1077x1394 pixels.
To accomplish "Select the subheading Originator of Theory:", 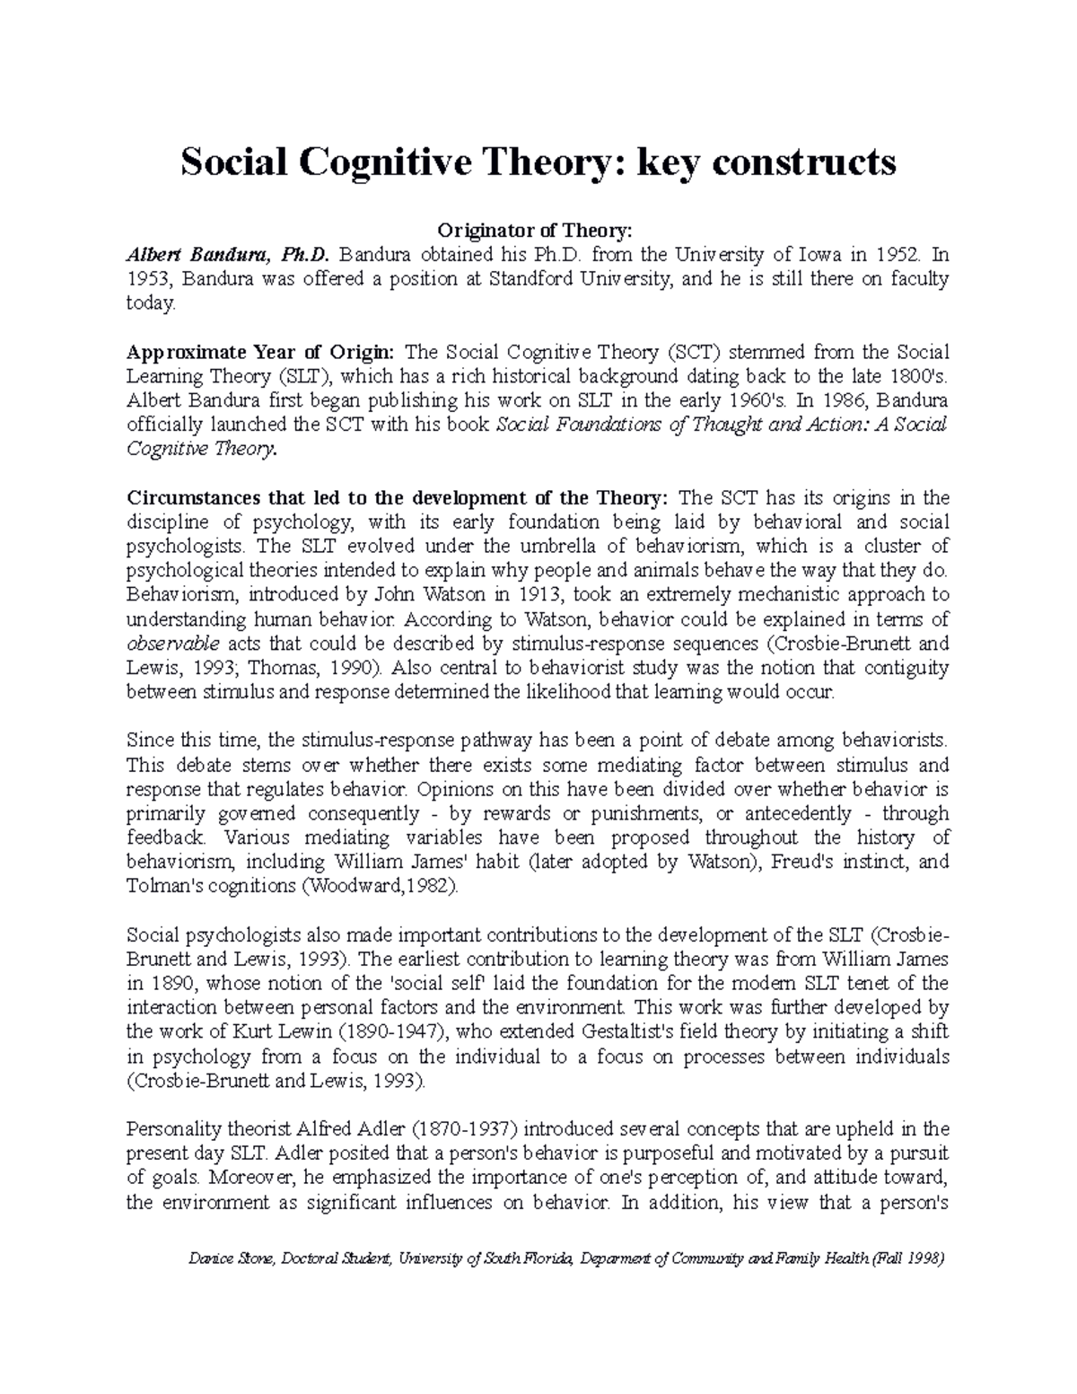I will click(x=538, y=231).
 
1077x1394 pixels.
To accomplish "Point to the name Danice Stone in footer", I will click(x=229, y=1259).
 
